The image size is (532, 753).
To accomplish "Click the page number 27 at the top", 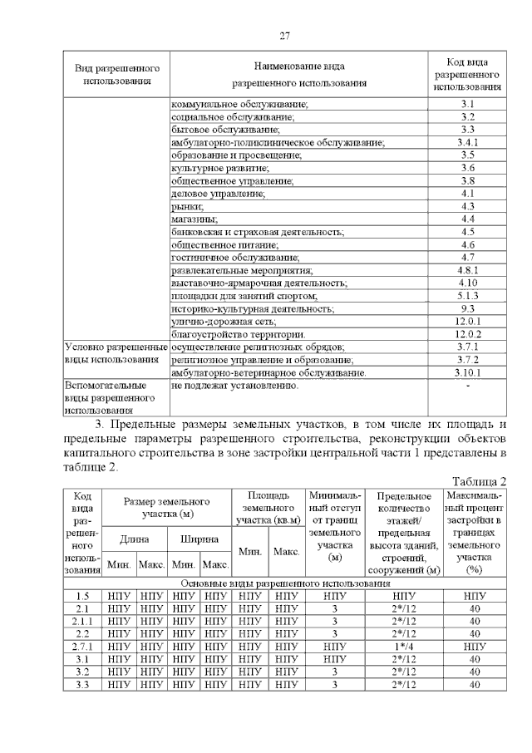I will pos(284,36).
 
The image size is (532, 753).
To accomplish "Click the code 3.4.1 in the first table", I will pos(467,142).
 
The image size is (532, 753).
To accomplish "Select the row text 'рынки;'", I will pos(189,206).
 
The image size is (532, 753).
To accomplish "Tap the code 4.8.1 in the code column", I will pos(467,270).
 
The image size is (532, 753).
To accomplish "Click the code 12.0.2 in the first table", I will pos(468,333).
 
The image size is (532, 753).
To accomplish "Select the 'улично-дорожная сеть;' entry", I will pos(224,321).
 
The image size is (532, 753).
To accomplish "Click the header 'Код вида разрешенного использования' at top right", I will pos(467,74).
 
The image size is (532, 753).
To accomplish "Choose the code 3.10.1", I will pos(468,372).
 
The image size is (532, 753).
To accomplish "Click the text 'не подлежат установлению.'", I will pos(234,386).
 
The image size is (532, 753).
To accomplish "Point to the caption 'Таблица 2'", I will pos(479,482).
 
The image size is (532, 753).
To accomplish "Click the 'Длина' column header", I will pos(134,539).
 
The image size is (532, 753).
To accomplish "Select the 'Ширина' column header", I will pos(199,539).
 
